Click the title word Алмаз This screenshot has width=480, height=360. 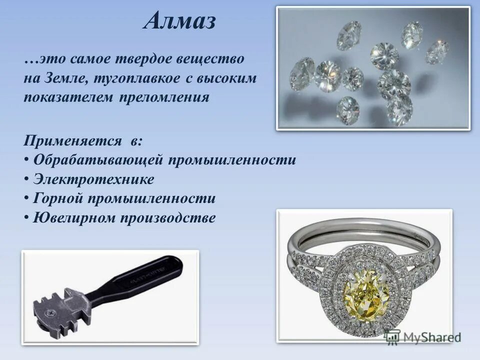coord(181,21)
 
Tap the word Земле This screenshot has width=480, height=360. coord(62,78)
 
